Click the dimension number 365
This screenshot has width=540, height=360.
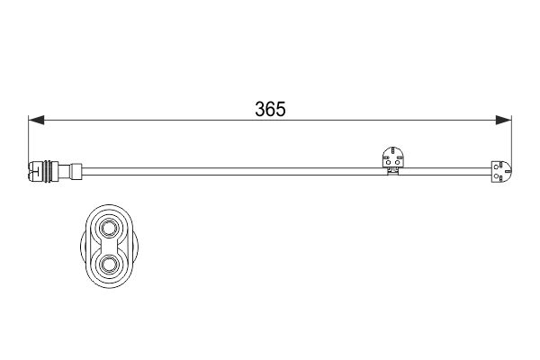tap(270, 109)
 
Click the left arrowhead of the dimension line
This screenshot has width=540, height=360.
tap(36, 120)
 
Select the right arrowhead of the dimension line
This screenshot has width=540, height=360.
tap(503, 120)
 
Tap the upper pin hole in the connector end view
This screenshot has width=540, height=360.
tap(109, 229)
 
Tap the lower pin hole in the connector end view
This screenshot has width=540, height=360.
tap(109, 265)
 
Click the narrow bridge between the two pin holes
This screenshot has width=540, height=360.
tap(109, 247)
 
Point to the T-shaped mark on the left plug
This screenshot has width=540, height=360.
tap(35, 171)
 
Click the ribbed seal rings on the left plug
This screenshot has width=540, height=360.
tap(49, 171)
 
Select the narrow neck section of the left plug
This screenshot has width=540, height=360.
tap(64, 171)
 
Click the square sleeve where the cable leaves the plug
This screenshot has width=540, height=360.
tap(76, 171)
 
